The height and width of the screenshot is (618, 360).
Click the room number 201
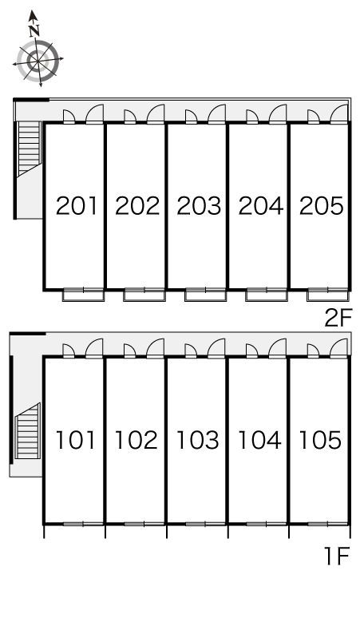click(77, 206)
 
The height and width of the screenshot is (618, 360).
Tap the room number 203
click(199, 206)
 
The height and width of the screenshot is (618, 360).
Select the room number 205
click(322, 206)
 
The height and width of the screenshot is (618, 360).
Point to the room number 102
click(136, 440)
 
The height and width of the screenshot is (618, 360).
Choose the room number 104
click(259, 440)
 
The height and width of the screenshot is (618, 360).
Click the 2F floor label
click(337, 318)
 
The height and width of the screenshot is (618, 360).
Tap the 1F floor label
click(337, 556)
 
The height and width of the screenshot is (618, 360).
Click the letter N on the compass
click(34, 30)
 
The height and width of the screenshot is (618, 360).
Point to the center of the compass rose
click(38, 62)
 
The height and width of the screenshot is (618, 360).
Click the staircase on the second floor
click(30, 148)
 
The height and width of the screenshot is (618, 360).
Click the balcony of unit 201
click(83, 295)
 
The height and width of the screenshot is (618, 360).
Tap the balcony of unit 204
click(267, 295)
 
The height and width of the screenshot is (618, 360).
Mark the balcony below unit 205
click(328, 295)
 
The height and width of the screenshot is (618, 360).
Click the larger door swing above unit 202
click(156, 114)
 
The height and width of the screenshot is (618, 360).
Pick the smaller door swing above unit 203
click(191, 117)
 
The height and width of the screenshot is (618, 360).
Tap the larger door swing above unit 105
click(338, 348)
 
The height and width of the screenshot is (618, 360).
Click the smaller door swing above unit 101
click(69, 351)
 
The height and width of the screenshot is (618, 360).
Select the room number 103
click(197, 440)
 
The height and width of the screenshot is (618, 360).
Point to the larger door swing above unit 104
click(278, 348)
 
